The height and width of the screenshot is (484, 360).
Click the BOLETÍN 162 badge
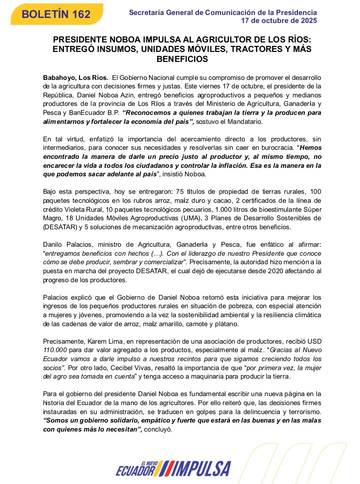[x=56, y=14]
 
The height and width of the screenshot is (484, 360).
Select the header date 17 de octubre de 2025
[x=278, y=21]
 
